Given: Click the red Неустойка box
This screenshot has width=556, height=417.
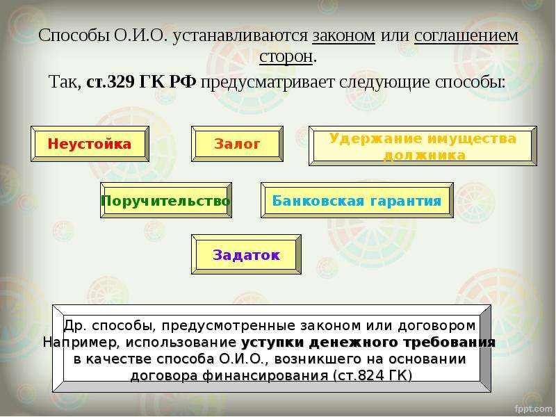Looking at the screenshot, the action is coord(90,144).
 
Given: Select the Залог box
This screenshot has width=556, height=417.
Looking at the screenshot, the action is coord(237,144).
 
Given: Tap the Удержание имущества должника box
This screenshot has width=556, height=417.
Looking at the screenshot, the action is coord(423,146).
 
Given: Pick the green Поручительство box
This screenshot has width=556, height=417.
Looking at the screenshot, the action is coord(166,200).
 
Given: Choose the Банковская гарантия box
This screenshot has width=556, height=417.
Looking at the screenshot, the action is coord(357,200).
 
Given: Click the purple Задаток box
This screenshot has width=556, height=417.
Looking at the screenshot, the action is coord(246,254).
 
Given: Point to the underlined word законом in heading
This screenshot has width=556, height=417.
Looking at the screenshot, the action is coord(343,36).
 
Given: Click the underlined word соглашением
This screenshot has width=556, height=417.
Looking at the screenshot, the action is coord(466,36).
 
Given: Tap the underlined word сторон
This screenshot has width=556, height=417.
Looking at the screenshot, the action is coord(286,57).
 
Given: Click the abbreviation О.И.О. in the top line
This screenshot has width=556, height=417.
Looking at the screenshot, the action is coord(140,36).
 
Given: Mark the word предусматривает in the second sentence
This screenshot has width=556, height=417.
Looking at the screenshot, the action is coord(268,83).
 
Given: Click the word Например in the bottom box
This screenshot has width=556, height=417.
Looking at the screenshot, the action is coord(83,343).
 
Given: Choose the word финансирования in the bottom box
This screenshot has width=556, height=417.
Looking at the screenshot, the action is coord(265,376).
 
